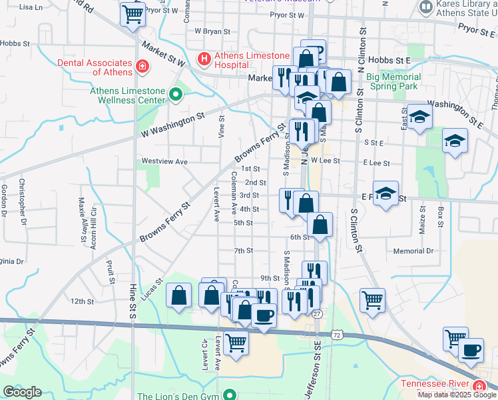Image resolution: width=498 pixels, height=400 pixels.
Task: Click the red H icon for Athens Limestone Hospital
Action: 204,59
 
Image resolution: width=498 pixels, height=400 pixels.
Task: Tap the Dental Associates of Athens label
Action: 93,67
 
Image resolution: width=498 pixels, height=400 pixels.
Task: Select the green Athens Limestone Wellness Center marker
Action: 176,95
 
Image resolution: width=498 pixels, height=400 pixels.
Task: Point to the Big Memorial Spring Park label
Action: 393,81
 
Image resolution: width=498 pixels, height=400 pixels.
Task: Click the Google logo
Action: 22,392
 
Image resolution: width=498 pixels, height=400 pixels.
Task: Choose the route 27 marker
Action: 317,313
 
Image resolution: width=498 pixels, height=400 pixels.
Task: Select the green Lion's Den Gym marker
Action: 230,396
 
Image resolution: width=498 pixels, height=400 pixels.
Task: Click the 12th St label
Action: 83,301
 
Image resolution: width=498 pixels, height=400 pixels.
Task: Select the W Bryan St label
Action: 212,31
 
